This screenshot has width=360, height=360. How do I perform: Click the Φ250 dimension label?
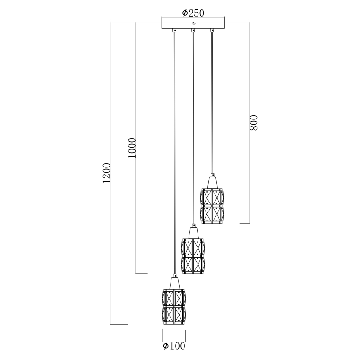pos(193,13)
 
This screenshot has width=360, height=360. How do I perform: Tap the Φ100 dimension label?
pos(174,346)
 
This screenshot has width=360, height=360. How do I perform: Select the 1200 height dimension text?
pos(106,173)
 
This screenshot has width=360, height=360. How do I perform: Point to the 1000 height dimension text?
pos(132,148)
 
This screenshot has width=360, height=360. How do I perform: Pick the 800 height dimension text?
pos(254,123)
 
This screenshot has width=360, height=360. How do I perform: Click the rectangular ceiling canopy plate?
pos(193,22)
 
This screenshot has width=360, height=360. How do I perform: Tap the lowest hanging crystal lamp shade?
pos(174,307)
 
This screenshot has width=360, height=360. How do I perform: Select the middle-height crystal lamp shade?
pos(193,256)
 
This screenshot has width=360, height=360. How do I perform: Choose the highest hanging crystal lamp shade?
pos(212,206)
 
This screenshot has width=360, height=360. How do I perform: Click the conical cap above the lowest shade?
pos(174,283)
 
